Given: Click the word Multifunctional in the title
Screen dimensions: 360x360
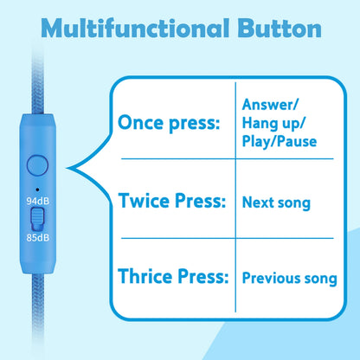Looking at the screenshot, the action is pyautogui.click(x=135, y=28).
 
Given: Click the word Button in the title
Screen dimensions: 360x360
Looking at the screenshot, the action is pyautogui.click(x=280, y=29).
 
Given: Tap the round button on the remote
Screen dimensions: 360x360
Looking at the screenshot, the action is pyautogui.click(x=37, y=166).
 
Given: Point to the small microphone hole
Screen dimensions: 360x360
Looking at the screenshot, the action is pyautogui.click(x=37, y=190).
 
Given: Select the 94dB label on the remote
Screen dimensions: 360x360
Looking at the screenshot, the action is pyautogui.click(x=38, y=201).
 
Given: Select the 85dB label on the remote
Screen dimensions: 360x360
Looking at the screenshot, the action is pyautogui.click(x=38, y=238).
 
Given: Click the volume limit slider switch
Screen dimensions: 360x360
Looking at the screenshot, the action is pyautogui.click(x=37, y=219).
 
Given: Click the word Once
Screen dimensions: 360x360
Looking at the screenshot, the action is pyautogui.click(x=141, y=122).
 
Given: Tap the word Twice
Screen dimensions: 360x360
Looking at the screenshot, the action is pyautogui.click(x=144, y=200).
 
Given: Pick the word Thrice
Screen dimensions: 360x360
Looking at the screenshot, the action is pyautogui.click(x=145, y=276).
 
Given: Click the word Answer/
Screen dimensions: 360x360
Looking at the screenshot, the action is pyautogui.click(x=270, y=104).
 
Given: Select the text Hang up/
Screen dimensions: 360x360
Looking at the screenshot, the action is pyautogui.click(x=273, y=123).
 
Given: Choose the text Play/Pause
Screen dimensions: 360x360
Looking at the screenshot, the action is pyautogui.click(x=280, y=141).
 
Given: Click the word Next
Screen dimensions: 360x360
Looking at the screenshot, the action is pyautogui.click(x=258, y=202).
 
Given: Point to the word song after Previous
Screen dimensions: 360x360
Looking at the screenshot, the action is pyautogui.click(x=321, y=280).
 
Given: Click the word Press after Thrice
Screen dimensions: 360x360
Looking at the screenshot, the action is pyautogui.click(x=202, y=276).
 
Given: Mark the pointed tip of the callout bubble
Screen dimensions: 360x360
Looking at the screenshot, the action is pyautogui.click(x=67, y=168).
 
